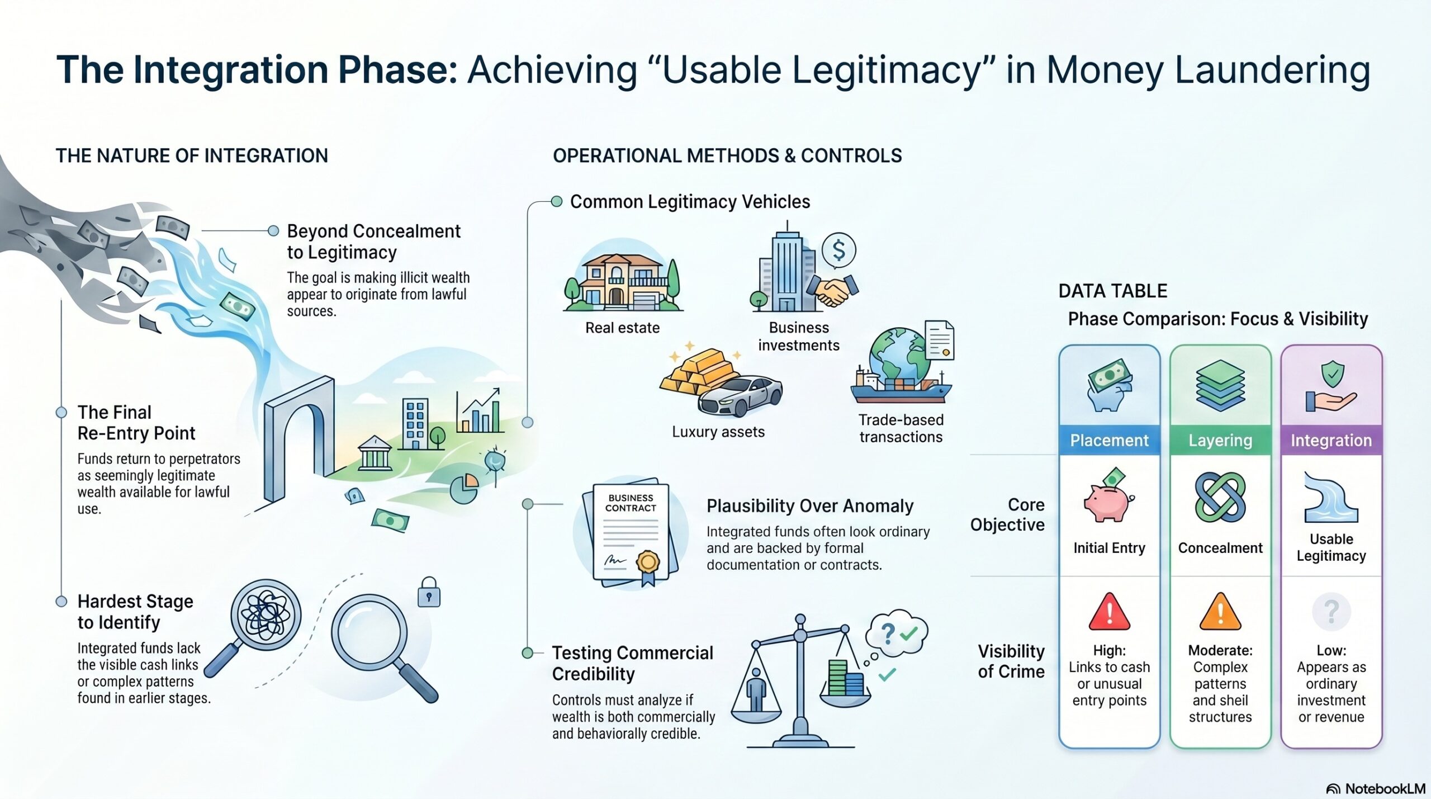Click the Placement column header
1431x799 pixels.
point(1109,441)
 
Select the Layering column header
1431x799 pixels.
point(1220,441)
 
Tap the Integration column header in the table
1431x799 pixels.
point(1331,441)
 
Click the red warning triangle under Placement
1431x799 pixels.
point(1110,612)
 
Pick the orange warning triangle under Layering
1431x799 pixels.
point(1220,612)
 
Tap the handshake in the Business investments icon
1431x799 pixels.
point(834,291)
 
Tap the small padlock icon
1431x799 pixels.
point(429,593)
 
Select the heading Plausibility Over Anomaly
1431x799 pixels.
point(810,506)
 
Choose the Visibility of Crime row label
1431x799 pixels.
point(1011,661)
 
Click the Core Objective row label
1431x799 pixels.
point(1007,514)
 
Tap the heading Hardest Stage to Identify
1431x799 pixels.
point(135,612)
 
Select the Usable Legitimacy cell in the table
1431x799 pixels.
point(1332,547)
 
